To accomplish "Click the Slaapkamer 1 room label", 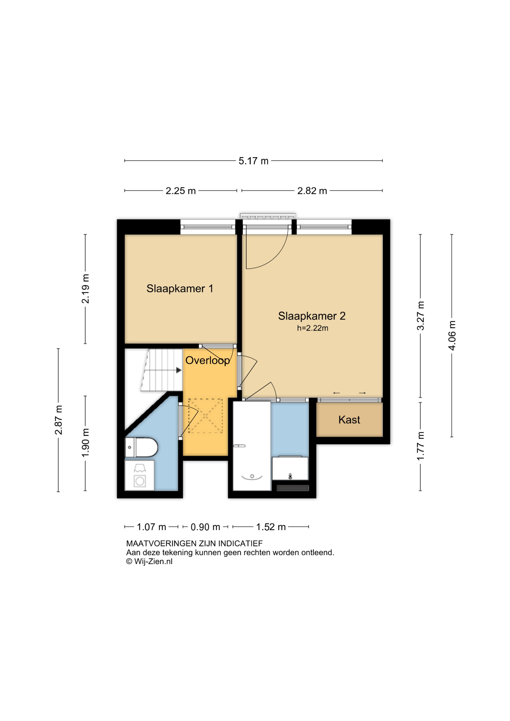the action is (x=180, y=289).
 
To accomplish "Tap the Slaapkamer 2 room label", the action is (x=312, y=316).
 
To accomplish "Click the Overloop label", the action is (x=208, y=360).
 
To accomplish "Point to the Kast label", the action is (x=349, y=420).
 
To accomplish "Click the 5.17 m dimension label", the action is (x=253, y=161).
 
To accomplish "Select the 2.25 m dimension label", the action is (x=181, y=191).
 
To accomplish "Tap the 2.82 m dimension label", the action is (x=312, y=191).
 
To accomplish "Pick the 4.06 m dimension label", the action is (x=452, y=335).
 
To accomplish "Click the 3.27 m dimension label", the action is (x=421, y=316).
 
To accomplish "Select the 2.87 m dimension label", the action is (x=58, y=420).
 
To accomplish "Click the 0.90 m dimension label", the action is (x=205, y=527).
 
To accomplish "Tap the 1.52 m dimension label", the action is (x=271, y=527).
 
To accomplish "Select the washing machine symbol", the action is (x=140, y=475).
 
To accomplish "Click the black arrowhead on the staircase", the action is (x=179, y=371).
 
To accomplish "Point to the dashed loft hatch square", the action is (x=205, y=416).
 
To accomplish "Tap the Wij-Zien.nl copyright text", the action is (x=149, y=562).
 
